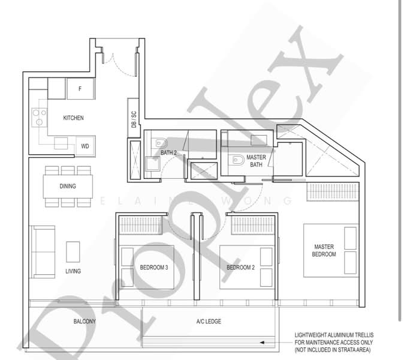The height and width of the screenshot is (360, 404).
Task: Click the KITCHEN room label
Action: pos(74,118)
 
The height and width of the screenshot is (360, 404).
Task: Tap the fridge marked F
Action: pos(81,89)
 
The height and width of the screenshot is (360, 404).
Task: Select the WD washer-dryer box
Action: pos(85,146)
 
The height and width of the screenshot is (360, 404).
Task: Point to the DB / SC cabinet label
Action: pos(134,119)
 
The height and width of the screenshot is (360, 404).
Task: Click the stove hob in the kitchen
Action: pos(40,118)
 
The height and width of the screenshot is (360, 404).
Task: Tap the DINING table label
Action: pos(68,186)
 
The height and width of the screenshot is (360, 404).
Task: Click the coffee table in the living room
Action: pos(73,251)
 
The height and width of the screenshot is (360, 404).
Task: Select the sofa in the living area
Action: pos(42,252)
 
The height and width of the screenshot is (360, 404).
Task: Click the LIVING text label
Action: pos(73,271)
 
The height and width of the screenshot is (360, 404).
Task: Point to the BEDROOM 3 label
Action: pos(154,268)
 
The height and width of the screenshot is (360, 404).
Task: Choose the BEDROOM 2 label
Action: pos(240,268)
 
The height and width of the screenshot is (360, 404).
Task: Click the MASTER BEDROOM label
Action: pos(324,250)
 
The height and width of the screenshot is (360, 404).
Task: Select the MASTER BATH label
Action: pos(256,161)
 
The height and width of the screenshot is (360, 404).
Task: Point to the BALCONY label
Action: pos(85,322)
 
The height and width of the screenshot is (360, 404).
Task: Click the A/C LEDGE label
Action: pos(209,322)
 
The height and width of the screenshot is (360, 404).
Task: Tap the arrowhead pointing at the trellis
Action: pos(262,343)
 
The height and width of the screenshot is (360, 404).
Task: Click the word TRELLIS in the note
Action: pos(364,335)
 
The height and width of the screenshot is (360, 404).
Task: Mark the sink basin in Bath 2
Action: pos(152,164)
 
